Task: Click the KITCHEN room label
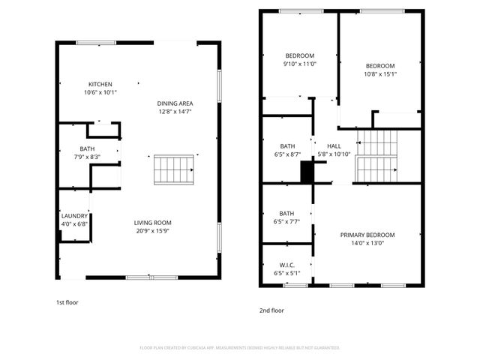pos(101,84)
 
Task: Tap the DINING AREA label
pos(175,103)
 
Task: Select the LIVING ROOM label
pos(153,222)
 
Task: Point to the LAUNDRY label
pos(74,216)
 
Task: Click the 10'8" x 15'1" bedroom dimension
pos(379,73)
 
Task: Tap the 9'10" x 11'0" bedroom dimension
pos(299,64)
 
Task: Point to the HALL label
pos(334,145)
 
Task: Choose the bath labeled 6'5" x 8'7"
pos(288,154)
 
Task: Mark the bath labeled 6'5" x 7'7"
pos(288,221)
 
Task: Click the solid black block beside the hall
pos(307,172)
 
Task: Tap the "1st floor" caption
pos(67,302)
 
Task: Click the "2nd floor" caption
pos(271,310)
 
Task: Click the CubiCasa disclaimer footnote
pos(240,348)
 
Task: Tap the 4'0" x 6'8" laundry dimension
pos(74,224)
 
